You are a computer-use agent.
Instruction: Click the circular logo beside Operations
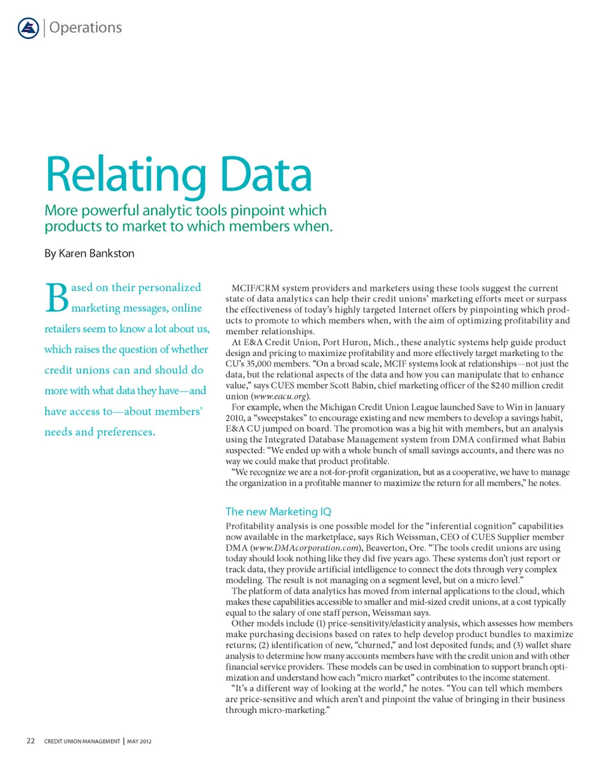[28, 28]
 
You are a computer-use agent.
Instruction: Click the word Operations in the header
[85, 28]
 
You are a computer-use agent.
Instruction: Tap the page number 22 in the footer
[29, 741]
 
